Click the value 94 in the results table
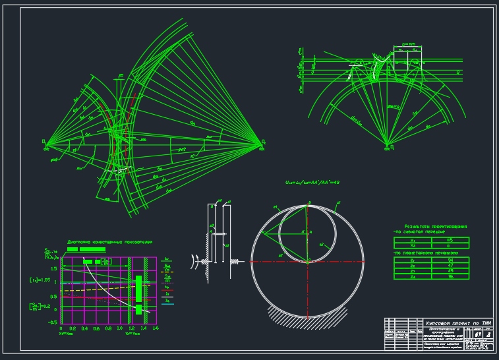click(x=450, y=260)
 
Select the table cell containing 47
click(x=450, y=266)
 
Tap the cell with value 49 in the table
click(x=450, y=271)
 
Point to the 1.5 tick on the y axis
click(x=55, y=269)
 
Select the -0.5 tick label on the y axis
click(x=53, y=322)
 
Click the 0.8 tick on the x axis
click(x=108, y=328)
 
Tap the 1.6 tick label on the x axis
click(x=156, y=328)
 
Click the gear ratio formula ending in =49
click(x=311, y=183)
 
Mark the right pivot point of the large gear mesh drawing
click(x=262, y=142)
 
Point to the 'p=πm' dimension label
click(x=407, y=44)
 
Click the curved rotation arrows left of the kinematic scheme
click(x=195, y=261)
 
